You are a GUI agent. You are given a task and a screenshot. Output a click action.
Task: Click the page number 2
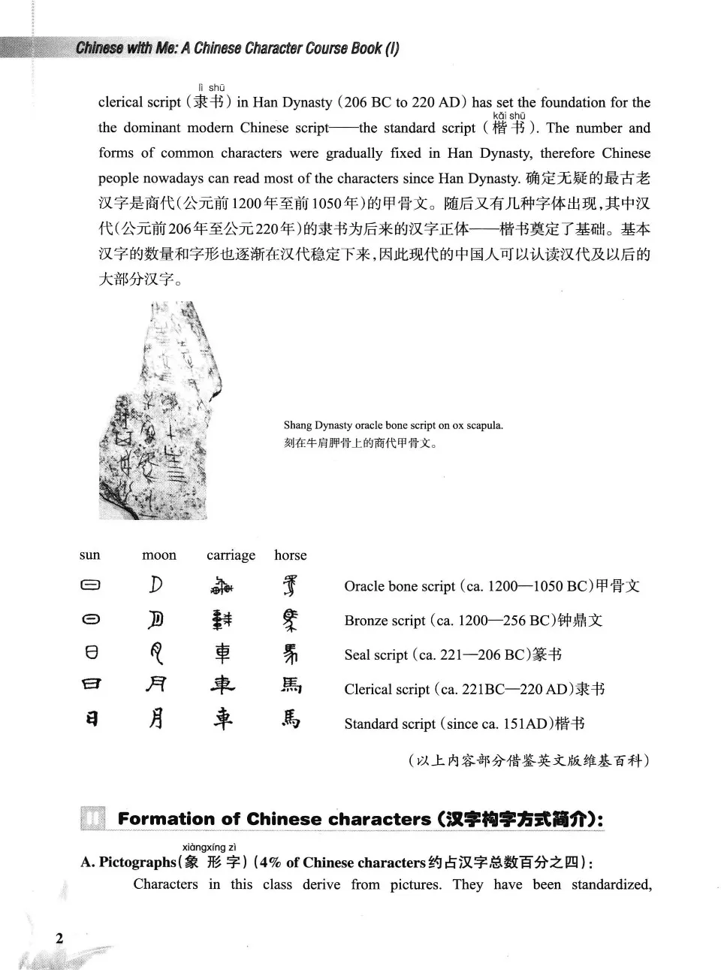59,938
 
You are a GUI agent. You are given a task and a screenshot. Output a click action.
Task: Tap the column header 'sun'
89,555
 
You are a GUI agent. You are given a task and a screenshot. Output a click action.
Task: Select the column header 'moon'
159,555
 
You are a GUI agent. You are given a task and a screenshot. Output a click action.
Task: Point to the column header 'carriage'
231,555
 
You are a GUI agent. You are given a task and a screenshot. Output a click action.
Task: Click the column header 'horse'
290,555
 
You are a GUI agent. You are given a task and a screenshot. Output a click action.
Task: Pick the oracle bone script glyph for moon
156,585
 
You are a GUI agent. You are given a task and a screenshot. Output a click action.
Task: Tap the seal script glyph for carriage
222,654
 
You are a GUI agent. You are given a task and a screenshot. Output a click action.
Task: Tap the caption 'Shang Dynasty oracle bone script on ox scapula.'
394,425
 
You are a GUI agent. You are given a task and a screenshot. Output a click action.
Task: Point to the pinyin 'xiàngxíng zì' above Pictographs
210,847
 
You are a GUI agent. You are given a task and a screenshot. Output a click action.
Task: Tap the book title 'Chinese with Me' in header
125,49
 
